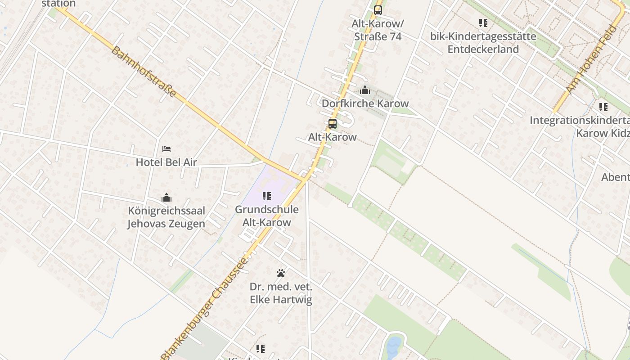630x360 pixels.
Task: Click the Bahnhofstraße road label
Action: click(143, 72)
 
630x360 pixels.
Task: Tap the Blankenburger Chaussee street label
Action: click(204, 309)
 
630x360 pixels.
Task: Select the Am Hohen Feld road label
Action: click(589, 66)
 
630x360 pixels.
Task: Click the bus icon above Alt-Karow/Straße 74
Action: click(378, 10)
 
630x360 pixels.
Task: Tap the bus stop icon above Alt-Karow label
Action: click(332, 124)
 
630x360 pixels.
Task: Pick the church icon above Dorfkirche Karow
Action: click(365, 90)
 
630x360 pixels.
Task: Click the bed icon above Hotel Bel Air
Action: click(166, 148)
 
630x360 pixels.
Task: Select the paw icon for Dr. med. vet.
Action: click(281, 273)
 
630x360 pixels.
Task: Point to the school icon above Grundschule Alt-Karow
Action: click(267, 196)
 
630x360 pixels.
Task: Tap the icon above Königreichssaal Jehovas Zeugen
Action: click(166, 198)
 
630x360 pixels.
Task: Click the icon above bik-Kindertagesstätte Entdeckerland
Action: click(483, 22)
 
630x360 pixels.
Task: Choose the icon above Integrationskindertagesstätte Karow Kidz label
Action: click(603, 107)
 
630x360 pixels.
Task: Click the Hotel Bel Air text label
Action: click(166, 162)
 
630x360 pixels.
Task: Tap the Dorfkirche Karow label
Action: click(365, 103)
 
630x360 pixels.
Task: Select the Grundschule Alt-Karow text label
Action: click(267, 216)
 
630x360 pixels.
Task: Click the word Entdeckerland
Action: click(483, 49)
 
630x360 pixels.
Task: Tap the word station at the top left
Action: click(58, 4)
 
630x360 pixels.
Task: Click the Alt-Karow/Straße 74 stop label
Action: click(378, 30)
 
